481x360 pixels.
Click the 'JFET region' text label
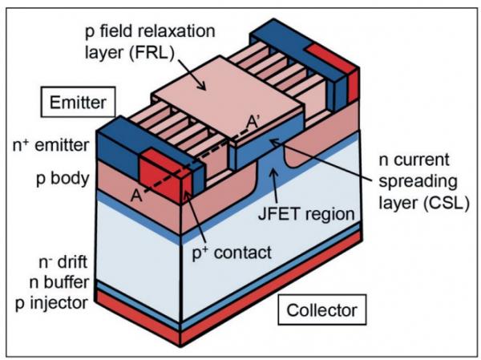(309, 214)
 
